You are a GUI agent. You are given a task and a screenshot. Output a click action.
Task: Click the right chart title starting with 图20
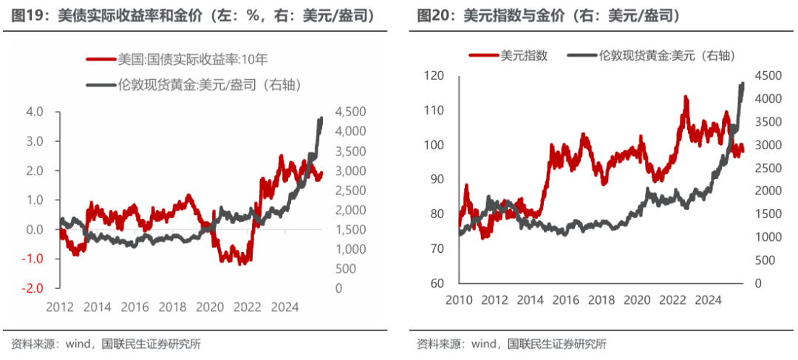click(548, 15)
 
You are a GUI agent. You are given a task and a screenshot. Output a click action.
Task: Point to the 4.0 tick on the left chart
click(35, 112)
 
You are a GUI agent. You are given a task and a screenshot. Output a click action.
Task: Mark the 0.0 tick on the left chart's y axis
click(35, 229)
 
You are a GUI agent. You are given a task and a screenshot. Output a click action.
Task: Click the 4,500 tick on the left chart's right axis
click(349, 112)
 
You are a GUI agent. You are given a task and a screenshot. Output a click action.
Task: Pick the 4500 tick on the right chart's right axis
click(770, 75)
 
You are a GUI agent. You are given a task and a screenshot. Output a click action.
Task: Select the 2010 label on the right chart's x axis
click(460, 301)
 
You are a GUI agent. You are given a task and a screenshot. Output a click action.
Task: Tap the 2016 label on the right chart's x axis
click(567, 301)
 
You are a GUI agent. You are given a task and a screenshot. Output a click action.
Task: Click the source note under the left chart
click(106, 344)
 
